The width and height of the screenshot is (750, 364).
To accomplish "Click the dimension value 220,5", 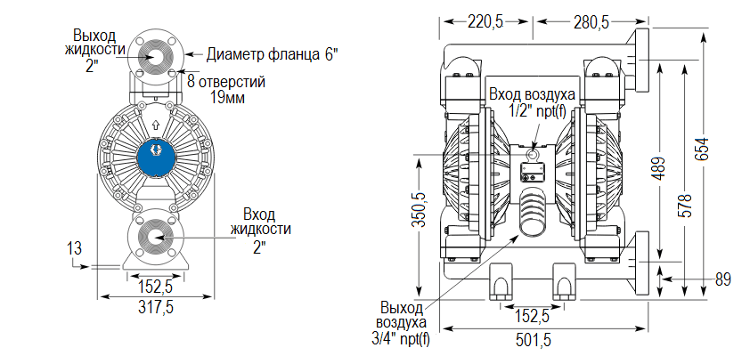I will coord(485,21).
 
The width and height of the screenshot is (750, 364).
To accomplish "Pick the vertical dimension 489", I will coord(658,170).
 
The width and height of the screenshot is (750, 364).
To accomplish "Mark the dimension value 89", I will coord(722,279).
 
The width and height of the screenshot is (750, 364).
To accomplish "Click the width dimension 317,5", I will coord(155,307).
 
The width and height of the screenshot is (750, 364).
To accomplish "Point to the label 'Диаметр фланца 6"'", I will coord(273,54).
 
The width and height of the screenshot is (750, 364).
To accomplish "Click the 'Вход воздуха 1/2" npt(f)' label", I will coord(532,101).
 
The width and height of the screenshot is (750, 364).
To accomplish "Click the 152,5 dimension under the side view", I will coord(532,315).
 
